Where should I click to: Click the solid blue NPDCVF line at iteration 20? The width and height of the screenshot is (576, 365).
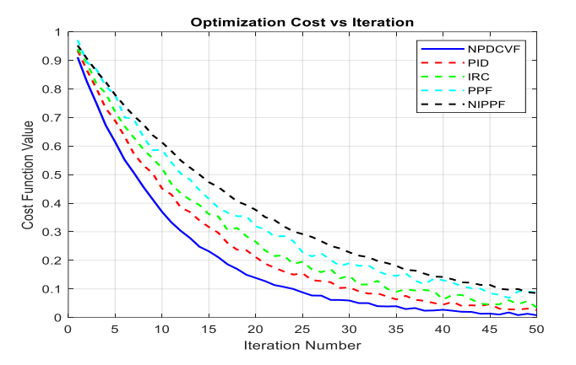(x=255, y=277)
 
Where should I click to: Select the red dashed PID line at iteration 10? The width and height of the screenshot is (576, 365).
(x=161, y=189)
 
